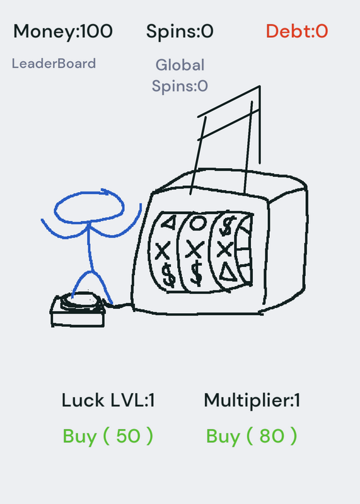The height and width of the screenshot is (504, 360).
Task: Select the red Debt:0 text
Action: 297,31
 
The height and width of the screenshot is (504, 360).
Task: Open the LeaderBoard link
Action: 54,64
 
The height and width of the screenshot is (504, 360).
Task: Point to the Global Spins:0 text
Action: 180,76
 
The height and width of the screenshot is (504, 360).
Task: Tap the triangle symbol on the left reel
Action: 168,222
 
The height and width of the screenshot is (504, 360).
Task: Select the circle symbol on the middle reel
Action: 197,223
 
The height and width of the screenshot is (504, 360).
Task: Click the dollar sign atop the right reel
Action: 227,226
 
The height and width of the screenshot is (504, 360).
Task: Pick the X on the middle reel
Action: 195,249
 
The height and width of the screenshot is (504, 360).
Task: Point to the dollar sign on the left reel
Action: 168,274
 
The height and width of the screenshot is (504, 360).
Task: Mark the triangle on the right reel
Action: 228,273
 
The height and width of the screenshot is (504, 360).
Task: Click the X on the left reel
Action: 163,251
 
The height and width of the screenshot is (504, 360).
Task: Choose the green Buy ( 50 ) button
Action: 108,437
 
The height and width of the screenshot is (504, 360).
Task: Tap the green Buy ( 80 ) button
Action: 252,437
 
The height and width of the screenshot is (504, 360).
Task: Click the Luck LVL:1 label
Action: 108,401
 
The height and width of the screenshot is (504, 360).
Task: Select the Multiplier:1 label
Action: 252,401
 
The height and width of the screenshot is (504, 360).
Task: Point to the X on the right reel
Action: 224,249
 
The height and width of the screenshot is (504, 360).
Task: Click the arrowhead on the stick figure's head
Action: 105,192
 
